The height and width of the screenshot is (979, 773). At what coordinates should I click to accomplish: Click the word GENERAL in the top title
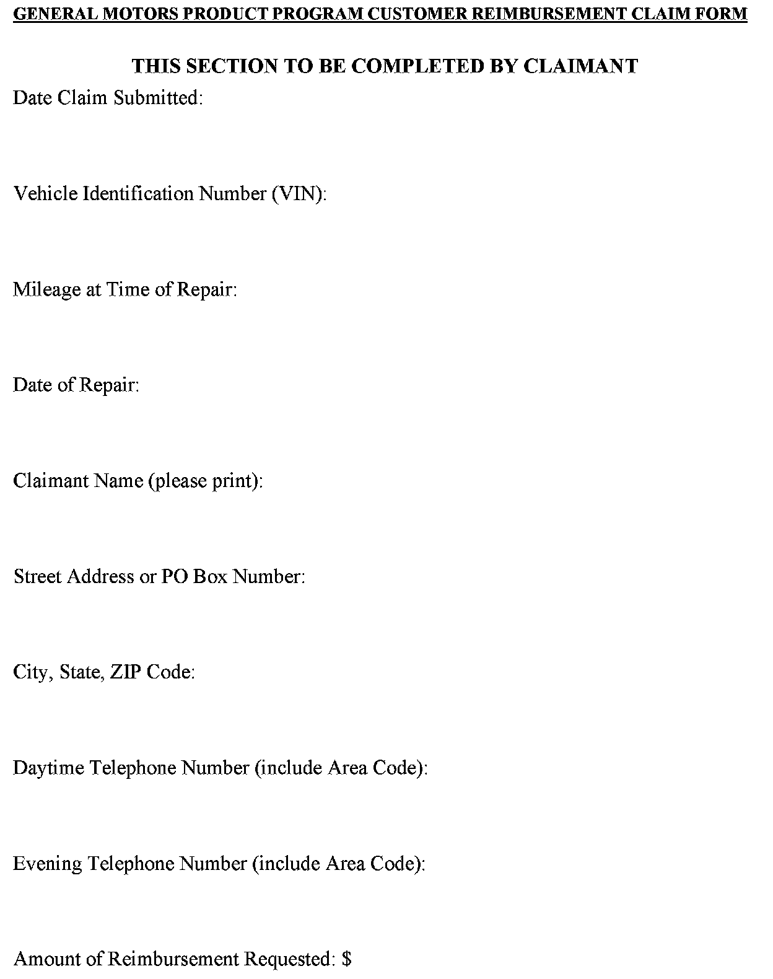tap(48, 14)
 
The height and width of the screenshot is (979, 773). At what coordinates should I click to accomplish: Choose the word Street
tap(37, 576)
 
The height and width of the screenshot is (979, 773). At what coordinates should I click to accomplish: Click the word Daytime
tap(49, 768)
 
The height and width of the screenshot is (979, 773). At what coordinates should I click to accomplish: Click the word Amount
tap(46, 959)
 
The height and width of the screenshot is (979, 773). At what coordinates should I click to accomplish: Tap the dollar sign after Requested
tap(346, 959)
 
